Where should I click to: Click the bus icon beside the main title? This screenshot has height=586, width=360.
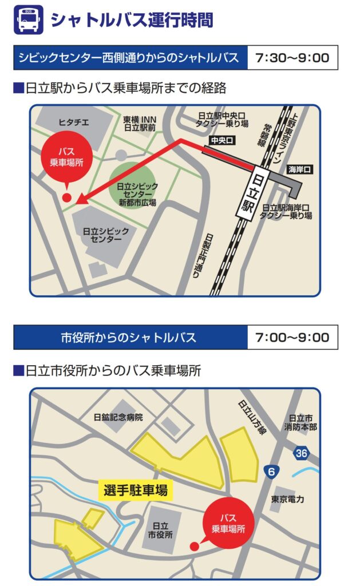pos(27,19)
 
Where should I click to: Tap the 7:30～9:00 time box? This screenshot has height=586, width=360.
pos(292,58)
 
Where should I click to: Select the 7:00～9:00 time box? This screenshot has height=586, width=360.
pos(292,337)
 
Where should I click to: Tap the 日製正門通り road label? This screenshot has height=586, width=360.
pos(209,256)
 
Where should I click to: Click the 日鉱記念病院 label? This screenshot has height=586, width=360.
pos(118,417)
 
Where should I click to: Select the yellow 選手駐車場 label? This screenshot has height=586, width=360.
pos(136,490)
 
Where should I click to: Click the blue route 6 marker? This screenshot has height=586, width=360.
pos(271,471)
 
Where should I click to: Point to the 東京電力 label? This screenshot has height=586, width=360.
pos(288,499)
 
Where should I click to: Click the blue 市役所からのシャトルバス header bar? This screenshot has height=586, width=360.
pos(130,337)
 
